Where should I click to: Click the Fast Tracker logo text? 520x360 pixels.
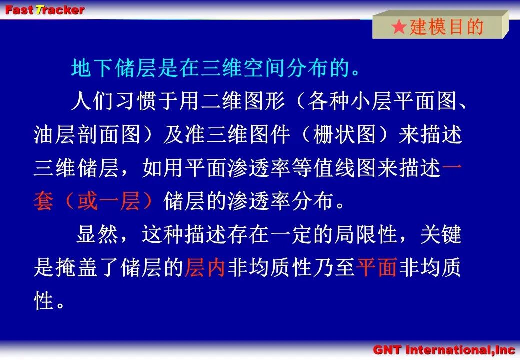pos(45,10)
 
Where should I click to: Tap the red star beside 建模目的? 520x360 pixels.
pos(399,27)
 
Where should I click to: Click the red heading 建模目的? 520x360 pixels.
pos(446,27)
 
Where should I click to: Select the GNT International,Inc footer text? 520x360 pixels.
pos(444,350)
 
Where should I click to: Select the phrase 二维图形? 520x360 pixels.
pos(243,101)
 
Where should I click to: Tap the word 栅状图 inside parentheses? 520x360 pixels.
pos(344,135)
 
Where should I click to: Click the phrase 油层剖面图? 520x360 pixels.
pos(87,135)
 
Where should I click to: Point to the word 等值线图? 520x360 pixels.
pos(334,168)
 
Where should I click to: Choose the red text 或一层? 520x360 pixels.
pos(109,201)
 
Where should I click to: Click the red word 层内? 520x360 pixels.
pos(205,267)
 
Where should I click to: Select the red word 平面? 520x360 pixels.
pos(377,267)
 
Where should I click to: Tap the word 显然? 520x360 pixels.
pos(98,234)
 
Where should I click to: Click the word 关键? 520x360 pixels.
pos(441,234)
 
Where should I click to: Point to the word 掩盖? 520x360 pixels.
pos(76,267)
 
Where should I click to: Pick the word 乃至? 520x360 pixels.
pos(334,267)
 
